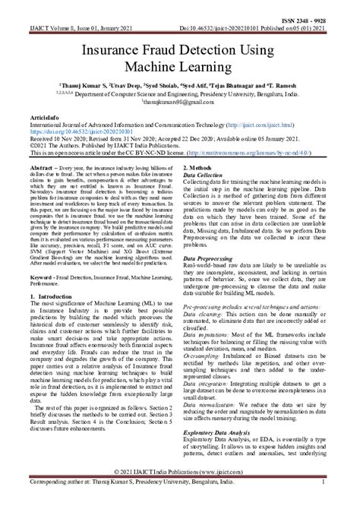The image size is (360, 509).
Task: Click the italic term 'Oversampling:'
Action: [x=208, y=377]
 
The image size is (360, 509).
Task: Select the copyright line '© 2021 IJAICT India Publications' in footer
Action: [x=179, y=492]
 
